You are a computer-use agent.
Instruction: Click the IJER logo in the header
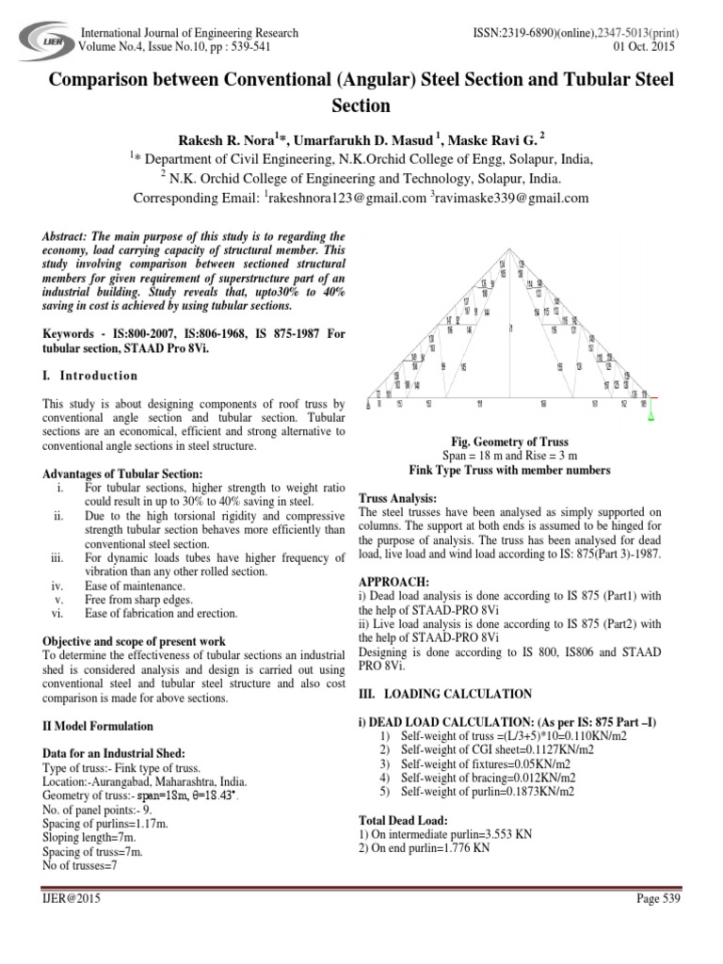point(38,42)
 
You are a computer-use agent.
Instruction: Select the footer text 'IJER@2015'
point(70,900)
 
